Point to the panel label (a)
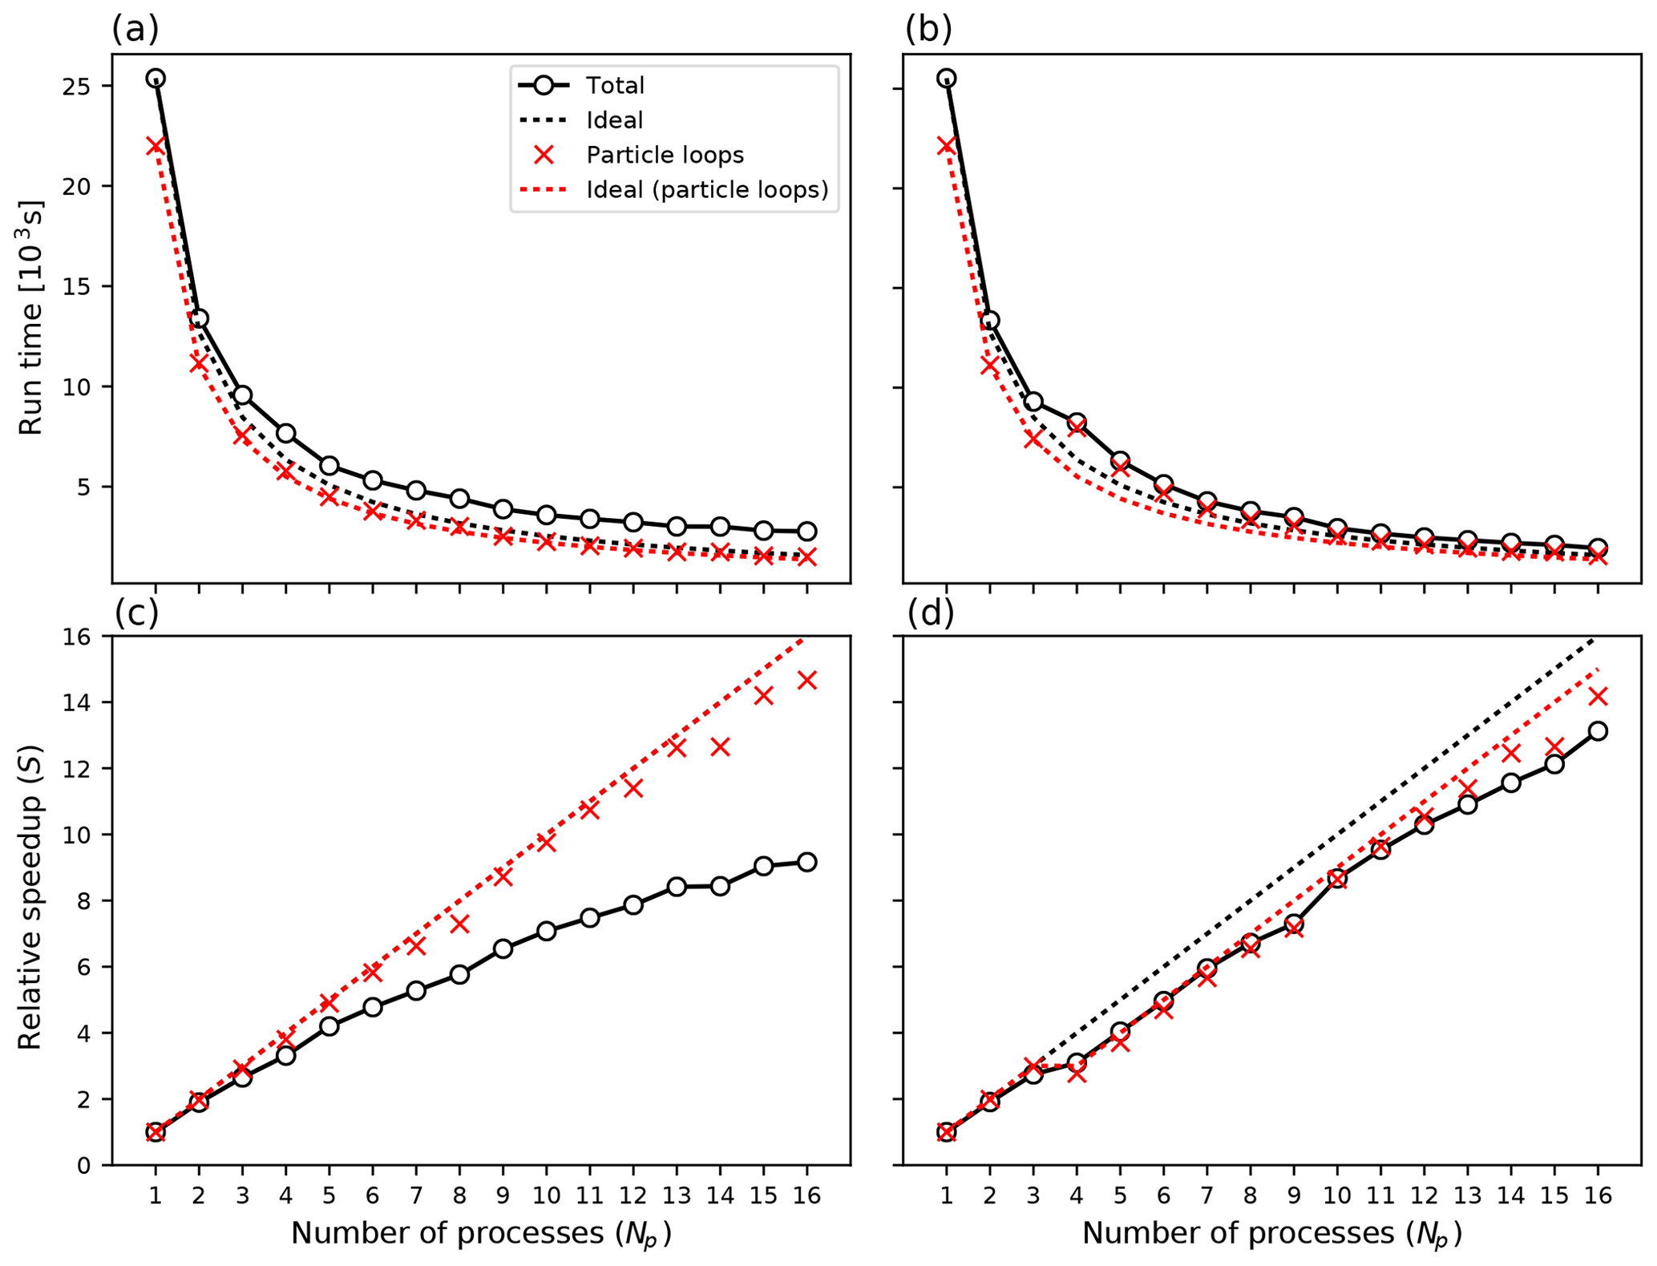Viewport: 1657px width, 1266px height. (x=135, y=30)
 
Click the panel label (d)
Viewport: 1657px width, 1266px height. (x=930, y=613)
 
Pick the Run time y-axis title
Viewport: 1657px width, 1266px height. (x=30, y=318)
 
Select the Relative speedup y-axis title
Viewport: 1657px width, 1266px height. (x=30, y=898)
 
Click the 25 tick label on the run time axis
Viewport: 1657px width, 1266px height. (x=76, y=86)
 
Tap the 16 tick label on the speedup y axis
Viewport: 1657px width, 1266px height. (x=76, y=637)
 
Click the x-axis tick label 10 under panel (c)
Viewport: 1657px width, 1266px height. (x=546, y=1195)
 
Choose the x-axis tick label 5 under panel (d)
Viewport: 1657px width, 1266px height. (x=1120, y=1195)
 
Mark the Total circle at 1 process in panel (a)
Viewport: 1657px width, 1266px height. (x=156, y=79)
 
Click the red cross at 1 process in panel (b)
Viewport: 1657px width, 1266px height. (x=947, y=145)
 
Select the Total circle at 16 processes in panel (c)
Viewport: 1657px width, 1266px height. (x=806, y=862)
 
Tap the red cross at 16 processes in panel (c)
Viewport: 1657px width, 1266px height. (x=806, y=681)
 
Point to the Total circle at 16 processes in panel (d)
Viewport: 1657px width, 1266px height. (x=1598, y=730)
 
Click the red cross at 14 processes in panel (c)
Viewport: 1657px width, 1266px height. (x=720, y=747)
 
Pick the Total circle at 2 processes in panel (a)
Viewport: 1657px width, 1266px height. (x=199, y=319)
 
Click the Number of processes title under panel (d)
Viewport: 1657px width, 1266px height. (x=1272, y=1233)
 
